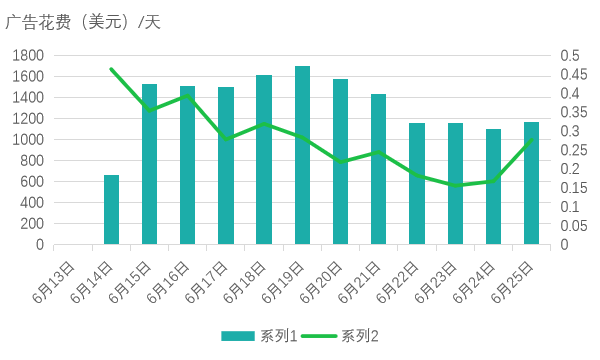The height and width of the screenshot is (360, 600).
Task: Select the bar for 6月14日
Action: (111, 210)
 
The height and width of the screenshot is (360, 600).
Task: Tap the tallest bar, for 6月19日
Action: (302, 155)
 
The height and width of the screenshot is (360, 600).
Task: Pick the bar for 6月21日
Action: (378, 169)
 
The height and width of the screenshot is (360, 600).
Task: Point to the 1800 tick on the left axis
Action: (28, 55)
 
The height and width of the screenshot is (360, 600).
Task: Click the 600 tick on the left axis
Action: (32, 181)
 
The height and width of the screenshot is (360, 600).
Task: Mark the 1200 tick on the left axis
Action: (28, 118)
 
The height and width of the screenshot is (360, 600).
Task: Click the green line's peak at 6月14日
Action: (111, 69)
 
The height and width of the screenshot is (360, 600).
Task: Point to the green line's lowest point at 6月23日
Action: (455, 186)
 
